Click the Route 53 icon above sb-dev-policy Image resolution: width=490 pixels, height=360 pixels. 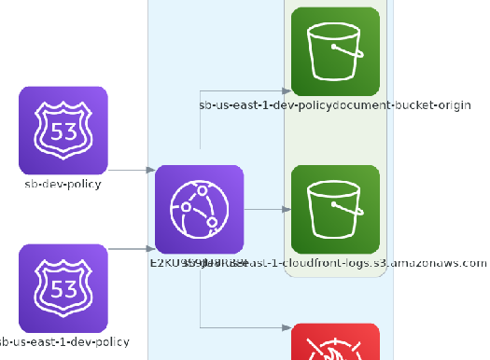point(63,130)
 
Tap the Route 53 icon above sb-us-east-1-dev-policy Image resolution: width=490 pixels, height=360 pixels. point(63,286)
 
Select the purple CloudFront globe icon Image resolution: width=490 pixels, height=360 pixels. point(199,209)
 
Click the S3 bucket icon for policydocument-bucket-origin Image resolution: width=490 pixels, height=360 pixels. point(335,51)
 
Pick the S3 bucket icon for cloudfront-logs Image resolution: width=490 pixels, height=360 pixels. point(335,209)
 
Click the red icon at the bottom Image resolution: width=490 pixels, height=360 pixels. point(335,343)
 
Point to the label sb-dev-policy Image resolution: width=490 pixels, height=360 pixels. point(63,184)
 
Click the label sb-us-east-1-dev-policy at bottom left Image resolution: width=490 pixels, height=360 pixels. point(63,342)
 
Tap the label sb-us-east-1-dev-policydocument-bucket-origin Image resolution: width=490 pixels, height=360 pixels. point(334,106)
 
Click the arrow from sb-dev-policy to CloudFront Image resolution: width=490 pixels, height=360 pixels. point(131,171)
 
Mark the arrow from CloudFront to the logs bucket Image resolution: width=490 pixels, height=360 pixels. point(266,209)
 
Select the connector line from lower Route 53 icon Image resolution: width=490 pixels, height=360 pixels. point(131,249)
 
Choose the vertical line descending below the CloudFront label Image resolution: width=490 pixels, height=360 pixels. point(200,298)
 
